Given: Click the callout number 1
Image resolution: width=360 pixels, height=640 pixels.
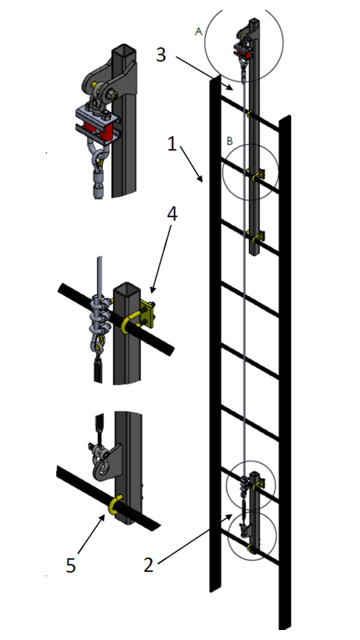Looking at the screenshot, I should coord(172,144).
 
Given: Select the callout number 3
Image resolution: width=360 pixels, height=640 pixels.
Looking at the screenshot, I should coord(161,55).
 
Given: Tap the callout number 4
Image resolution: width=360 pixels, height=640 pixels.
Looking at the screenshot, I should coord(172,214).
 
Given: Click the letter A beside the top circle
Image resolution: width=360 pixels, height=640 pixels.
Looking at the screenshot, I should coord(199,32).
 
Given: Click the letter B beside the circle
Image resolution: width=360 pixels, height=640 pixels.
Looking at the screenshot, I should coord(230,141).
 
